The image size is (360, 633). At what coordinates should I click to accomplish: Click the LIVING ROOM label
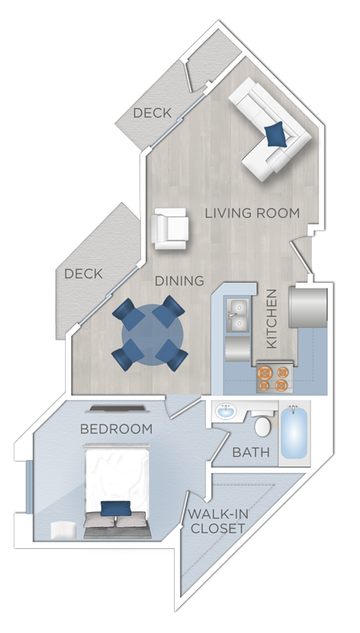tap(252, 213)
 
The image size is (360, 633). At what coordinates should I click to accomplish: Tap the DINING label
tap(180, 281)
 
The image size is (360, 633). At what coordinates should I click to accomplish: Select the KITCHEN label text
tap(271, 318)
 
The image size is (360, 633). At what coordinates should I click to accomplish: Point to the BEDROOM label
tap(116, 429)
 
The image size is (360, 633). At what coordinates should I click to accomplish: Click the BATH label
tap(251, 453)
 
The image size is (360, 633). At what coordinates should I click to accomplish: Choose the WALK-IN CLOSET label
tap(216, 522)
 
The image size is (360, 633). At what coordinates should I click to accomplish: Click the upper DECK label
tap(152, 113)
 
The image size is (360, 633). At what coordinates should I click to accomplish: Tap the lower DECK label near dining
tap(83, 274)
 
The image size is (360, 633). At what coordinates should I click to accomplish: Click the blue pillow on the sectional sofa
tap(275, 135)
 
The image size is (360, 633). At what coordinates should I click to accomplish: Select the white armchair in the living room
tap(171, 228)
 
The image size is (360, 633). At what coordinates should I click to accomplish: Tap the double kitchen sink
tap(237, 315)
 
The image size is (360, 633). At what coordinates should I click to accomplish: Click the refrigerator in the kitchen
tap(309, 308)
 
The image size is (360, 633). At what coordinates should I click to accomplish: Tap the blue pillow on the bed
tap(115, 508)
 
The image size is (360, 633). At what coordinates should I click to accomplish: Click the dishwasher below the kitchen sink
tap(238, 350)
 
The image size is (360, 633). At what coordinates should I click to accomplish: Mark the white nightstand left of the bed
tap(62, 529)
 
